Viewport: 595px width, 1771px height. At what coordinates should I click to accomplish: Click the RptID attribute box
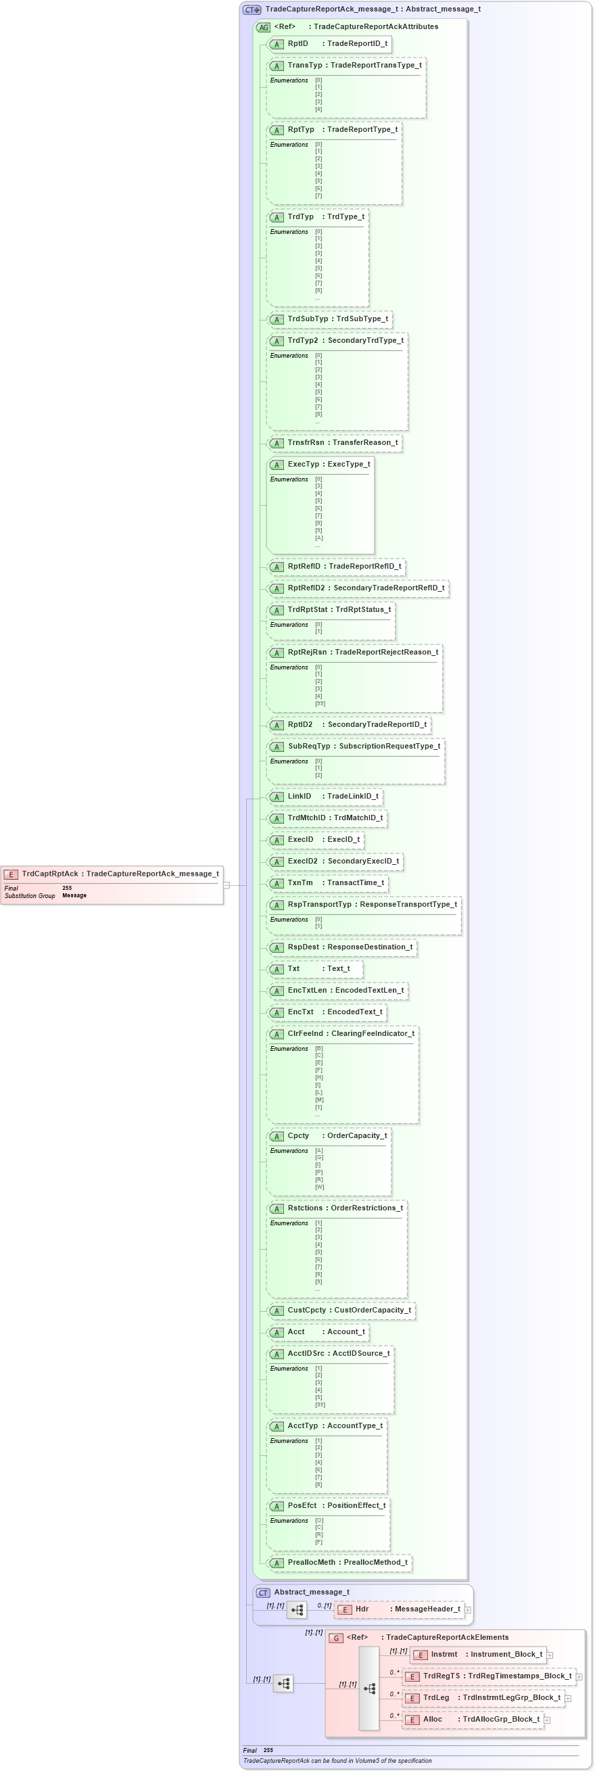click(x=330, y=43)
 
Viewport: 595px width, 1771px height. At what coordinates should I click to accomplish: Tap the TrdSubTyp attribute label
click(x=308, y=319)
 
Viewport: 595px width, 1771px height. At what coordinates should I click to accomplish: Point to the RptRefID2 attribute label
click(x=306, y=588)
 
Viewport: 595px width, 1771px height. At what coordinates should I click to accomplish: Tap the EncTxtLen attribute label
click(x=307, y=990)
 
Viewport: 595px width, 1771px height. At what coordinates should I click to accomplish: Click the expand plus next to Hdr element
click(x=467, y=1609)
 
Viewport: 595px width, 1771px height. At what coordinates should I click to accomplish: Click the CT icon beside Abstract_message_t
click(x=263, y=1592)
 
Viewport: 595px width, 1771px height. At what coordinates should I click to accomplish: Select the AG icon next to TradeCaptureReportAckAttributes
click(x=263, y=27)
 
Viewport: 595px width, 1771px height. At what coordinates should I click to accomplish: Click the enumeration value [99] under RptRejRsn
click(x=320, y=703)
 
